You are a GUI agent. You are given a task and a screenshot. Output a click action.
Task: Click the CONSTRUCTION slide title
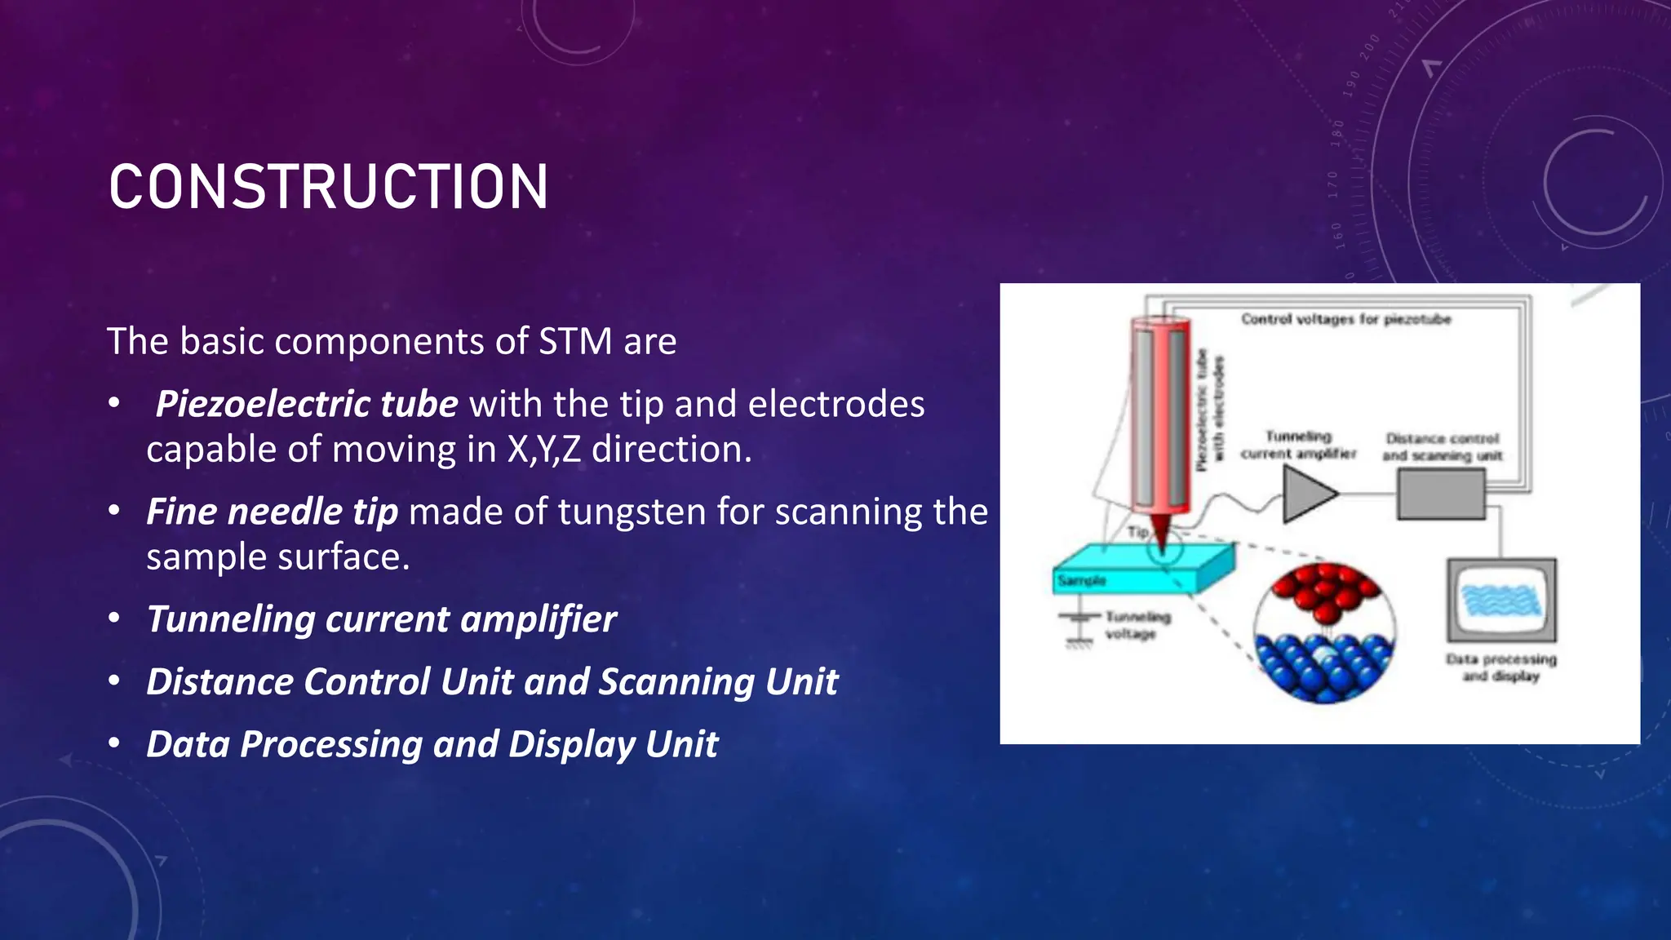[x=328, y=187]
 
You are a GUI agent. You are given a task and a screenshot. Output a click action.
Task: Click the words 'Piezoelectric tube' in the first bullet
[x=306, y=404]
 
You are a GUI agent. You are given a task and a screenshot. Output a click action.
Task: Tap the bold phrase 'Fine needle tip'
[x=272, y=512]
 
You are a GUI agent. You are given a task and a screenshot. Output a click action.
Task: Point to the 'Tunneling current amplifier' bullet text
[x=381, y=619]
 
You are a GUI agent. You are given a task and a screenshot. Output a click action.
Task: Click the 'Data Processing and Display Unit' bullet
[x=432, y=744]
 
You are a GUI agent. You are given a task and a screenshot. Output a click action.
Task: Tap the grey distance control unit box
[x=1440, y=495]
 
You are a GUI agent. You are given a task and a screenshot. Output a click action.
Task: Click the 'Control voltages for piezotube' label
[x=1345, y=319]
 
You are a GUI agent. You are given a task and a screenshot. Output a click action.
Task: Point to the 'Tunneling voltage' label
[x=1137, y=625]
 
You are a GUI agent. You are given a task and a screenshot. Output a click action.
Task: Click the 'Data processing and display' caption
[x=1500, y=667]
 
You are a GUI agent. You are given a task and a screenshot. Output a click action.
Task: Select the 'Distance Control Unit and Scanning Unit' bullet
[x=491, y=682]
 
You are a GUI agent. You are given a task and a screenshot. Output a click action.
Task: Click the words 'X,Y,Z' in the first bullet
[x=543, y=450]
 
